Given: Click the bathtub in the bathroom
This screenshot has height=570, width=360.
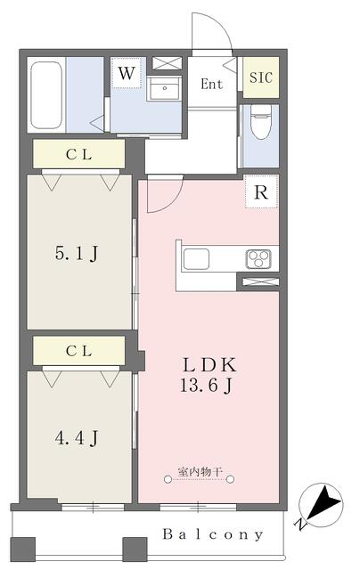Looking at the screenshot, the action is pyautogui.click(x=45, y=95).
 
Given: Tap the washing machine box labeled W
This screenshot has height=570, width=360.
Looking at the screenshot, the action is pyautogui.click(x=126, y=73).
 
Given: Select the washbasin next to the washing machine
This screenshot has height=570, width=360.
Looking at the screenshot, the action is pyautogui.click(x=164, y=88).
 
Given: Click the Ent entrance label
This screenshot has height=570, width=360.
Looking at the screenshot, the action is pyautogui.click(x=212, y=85).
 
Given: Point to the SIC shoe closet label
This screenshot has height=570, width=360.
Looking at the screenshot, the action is pyautogui.click(x=261, y=77).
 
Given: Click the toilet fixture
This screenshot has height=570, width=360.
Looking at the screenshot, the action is pyautogui.click(x=261, y=122).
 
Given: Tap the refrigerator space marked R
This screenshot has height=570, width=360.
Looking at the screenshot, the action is pyautogui.click(x=261, y=192).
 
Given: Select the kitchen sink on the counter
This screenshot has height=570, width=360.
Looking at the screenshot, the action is pyautogui.click(x=196, y=259).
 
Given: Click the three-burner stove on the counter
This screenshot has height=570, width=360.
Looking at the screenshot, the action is pyautogui.click(x=258, y=259).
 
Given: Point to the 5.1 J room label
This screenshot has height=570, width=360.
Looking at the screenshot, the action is pyautogui.click(x=77, y=253).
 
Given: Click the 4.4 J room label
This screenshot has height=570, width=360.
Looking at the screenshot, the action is pyautogui.click(x=77, y=437).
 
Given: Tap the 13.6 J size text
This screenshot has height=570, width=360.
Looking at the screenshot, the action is pyautogui.click(x=206, y=385).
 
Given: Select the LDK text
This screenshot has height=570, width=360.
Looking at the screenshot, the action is pyautogui.click(x=209, y=364).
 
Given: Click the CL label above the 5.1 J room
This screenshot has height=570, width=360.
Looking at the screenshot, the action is pyautogui.click(x=79, y=154).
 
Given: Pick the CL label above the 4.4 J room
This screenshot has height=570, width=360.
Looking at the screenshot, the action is pyautogui.click(x=79, y=351).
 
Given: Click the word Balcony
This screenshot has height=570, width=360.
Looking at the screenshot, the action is pyautogui.click(x=213, y=534).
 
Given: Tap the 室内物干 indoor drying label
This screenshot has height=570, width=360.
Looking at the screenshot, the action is pyautogui.click(x=200, y=472).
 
